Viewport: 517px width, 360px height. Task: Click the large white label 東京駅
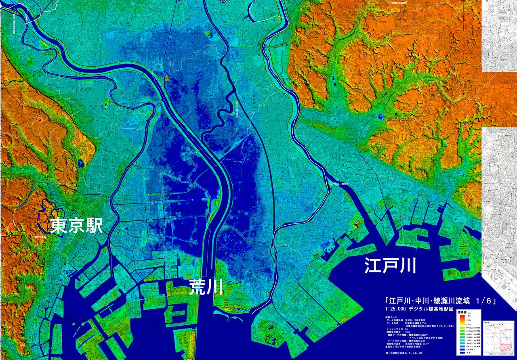[x=77, y=226]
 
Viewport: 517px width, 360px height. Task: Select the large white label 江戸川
[x=390, y=266]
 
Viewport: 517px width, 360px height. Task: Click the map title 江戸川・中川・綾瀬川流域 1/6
[x=440, y=301]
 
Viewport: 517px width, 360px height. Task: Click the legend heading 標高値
[x=462, y=312]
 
